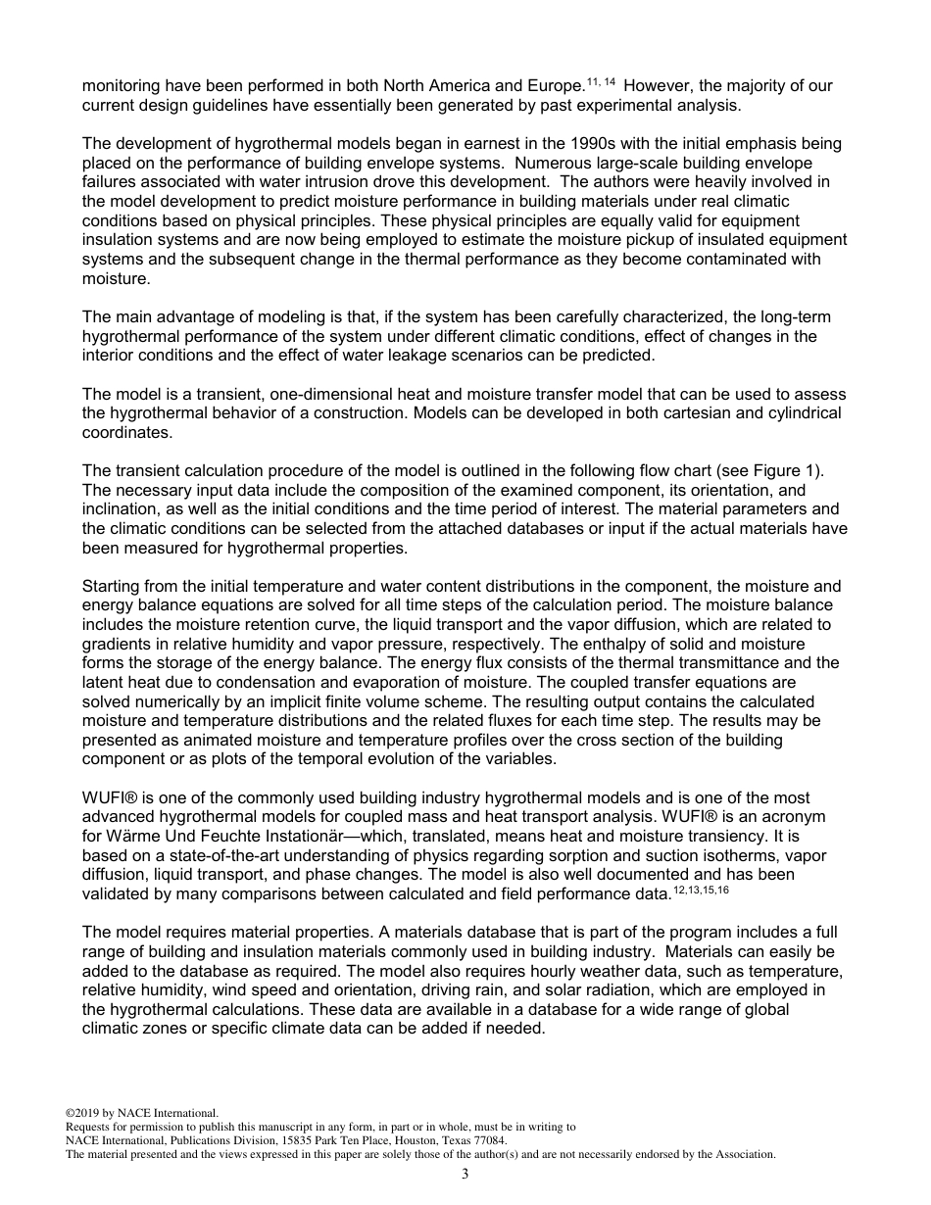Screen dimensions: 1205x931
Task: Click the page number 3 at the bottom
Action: click(465, 1175)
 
